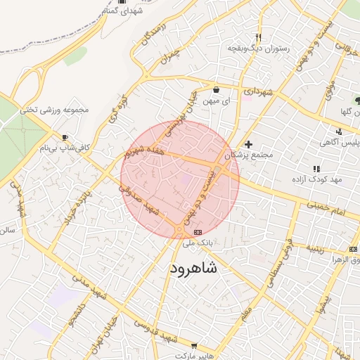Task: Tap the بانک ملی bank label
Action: pos(197,243)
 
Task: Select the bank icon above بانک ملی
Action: pos(198,231)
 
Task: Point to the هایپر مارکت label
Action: pos(194,355)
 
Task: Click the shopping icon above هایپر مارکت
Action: pos(194,345)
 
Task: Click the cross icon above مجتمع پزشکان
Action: pos(248,144)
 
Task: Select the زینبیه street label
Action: pos(314,248)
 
